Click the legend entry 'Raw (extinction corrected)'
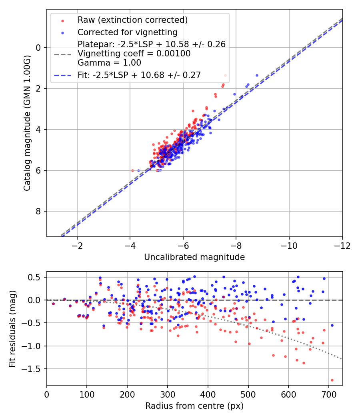click(132, 20)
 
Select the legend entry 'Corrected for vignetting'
click(127, 32)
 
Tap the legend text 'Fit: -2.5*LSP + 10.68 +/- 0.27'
click(139, 75)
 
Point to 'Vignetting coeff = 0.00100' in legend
click(134, 53)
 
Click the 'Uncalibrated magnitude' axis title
click(194, 257)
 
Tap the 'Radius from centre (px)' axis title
click(194, 406)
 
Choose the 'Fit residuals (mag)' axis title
click(12, 328)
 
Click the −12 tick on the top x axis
click(342, 245)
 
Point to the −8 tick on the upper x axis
click(236, 245)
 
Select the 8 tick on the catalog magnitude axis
click(39, 211)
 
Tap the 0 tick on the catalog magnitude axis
click(39, 48)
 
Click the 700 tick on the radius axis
click(328, 394)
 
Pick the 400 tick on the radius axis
click(208, 394)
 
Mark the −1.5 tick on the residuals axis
click(32, 369)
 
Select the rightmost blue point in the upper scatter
click(257, 75)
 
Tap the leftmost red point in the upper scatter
click(133, 170)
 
